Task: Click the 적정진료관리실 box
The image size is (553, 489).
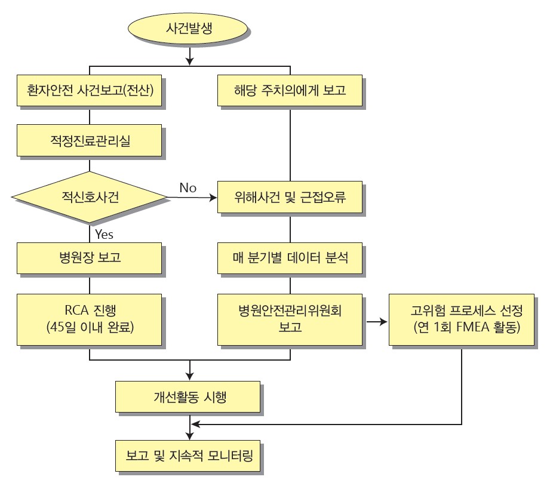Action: pyautogui.click(x=89, y=142)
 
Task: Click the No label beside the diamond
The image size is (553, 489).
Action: pyautogui.click(x=188, y=188)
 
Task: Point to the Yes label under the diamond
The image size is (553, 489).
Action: pyautogui.click(x=104, y=234)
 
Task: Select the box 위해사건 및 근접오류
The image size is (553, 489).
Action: pyautogui.click(x=290, y=197)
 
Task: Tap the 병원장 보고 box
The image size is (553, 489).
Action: pyautogui.click(x=89, y=259)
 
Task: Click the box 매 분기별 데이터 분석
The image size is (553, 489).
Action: pyautogui.click(x=290, y=259)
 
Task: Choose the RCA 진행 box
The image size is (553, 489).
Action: pyautogui.click(x=89, y=319)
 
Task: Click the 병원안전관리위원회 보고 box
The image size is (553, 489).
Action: pyautogui.click(x=290, y=319)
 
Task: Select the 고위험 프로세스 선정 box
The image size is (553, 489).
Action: pyautogui.click(x=462, y=319)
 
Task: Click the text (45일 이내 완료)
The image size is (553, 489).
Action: pyautogui.click(x=90, y=328)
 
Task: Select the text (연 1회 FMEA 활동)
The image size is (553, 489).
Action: pyautogui.click(x=462, y=328)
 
